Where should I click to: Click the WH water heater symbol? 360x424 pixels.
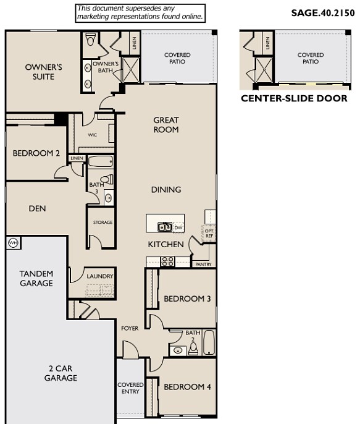coord(13,244)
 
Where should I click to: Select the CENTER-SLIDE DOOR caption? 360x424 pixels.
coord(294,98)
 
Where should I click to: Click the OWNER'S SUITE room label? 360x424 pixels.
coord(40,72)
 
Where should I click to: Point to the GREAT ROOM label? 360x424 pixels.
coord(166,125)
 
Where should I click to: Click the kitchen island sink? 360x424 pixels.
coord(164,227)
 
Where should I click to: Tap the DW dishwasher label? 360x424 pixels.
coord(178,228)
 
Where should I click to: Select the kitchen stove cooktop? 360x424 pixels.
coord(167,261)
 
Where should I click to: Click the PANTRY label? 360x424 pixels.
coord(203,264)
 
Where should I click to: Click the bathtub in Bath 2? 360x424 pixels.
coord(209,342)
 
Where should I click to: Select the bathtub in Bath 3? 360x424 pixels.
coord(99,163)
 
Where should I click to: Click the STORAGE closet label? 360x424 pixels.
coord(103,223)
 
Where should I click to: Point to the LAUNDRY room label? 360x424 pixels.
coord(99,276)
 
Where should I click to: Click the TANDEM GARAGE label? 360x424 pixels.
coord(36,278)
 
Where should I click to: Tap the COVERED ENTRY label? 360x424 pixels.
coord(130,389)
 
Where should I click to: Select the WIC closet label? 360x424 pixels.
coord(92,134)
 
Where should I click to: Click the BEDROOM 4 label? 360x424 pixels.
coord(187,387)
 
